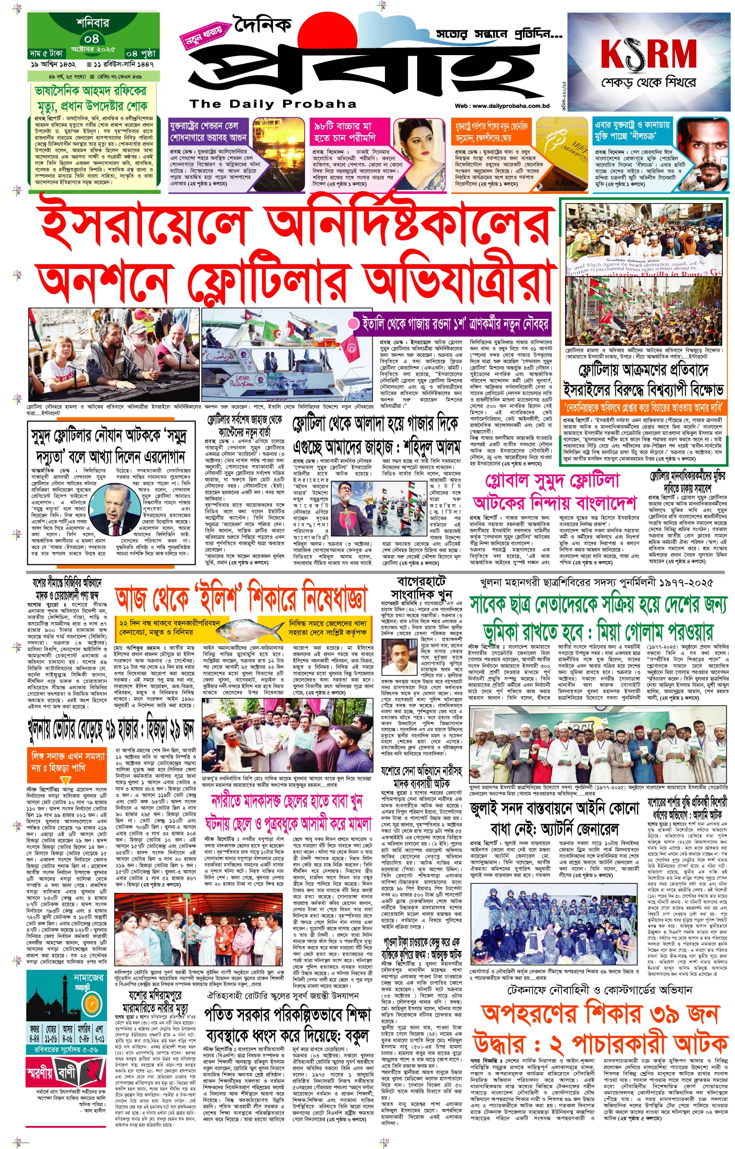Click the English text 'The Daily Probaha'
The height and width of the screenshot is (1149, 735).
272,103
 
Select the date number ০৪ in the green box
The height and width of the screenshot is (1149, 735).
92,38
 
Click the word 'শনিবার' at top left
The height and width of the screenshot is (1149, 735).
92,23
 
